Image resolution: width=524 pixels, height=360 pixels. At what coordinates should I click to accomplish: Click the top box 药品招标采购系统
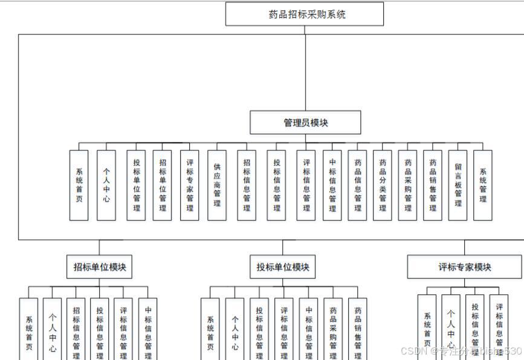tap(305, 14)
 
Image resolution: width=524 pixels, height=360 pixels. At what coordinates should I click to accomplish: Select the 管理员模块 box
tap(305, 123)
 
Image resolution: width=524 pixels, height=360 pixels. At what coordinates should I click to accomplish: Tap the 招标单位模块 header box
tap(99, 266)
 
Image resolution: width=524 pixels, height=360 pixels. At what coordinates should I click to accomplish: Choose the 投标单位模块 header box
tap(282, 266)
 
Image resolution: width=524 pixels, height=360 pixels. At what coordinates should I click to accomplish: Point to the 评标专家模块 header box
tap(464, 267)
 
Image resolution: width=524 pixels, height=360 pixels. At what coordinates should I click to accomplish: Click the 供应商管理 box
tap(217, 185)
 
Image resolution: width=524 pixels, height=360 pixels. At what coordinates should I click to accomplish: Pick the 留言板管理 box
tap(458, 185)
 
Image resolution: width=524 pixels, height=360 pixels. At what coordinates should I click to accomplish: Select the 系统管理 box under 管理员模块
tap(482, 185)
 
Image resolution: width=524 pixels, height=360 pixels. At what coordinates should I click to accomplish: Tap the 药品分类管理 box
tap(382, 185)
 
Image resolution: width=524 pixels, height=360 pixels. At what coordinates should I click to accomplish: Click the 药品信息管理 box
tap(357, 185)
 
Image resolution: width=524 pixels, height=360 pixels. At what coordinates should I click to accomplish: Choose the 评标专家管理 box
tap(189, 185)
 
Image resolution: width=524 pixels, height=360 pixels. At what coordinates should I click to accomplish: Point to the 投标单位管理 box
tap(136, 185)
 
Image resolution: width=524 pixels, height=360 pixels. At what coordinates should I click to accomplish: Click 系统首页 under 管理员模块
tap(79, 185)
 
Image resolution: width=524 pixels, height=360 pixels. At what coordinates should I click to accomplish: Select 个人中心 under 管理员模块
tap(106, 185)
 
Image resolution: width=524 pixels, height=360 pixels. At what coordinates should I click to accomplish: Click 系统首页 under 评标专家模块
tap(427, 328)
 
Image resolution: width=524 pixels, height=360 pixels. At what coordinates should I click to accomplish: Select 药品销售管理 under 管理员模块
tap(433, 185)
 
